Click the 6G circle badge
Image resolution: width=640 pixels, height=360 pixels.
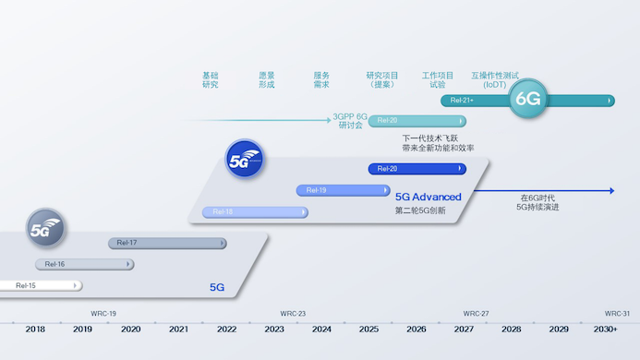pyautogui.click(x=528, y=99)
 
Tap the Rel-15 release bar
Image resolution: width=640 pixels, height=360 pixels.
pyautogui.click(x=42, y=286)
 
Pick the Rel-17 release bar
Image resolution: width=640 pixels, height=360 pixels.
pyautogui.click(x=167, y=243)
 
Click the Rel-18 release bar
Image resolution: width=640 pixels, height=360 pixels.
pyautogui.click(x=255, y=212)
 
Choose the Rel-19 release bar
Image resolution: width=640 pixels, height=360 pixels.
pyautogui.click(x=343, y=190)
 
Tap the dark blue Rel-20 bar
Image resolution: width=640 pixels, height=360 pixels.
pyautogui.click(x=417, y=169)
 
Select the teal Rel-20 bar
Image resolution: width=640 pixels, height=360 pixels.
pyautogui.click(x=417, y=121)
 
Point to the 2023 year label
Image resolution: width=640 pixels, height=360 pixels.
pyautogui.click(x=274, y=330)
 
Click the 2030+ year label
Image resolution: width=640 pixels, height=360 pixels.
pyautogui.click(x=606, y=330)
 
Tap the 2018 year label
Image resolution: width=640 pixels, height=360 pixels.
pyautogui.click(x=35, y=330)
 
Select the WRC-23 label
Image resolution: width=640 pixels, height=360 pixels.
pyautogui.click(x=293, y=313)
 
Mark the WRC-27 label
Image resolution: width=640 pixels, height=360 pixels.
pyautogui.click(x=476, y=313)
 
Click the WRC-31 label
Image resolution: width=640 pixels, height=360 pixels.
pyautogui.click(x=617, y=313)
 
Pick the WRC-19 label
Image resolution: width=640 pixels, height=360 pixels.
pyautogui.click(x=103, y=313)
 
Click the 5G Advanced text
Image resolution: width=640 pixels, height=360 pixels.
pyautogui.click(x=428, y=197)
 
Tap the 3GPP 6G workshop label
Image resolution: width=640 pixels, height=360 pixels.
pyautogui.click(x=350, y=121)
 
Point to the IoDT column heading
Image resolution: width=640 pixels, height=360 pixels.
pyautogui.click(x=495, y=79)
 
